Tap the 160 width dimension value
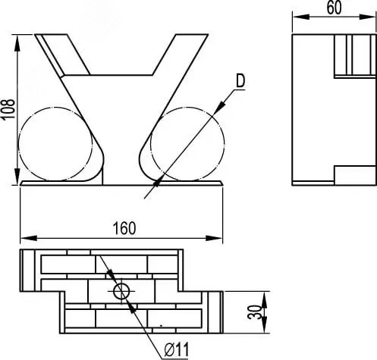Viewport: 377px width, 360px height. click(124, 228)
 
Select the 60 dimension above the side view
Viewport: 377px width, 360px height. click(334, 8)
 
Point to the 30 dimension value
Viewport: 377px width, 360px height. click(254, 312)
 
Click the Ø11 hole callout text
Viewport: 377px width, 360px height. click(177, 350)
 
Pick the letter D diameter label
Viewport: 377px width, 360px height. click(240, 81)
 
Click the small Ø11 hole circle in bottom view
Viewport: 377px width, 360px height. click(121, 291)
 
